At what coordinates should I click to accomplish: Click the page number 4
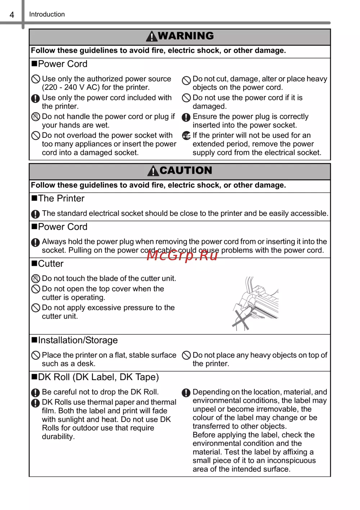click(x=12, y=15)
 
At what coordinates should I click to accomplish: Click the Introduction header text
click(x=47, y=14)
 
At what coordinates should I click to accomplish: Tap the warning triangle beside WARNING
click(x=152, y=36)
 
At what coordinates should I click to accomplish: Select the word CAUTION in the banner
click(x=186, y=170)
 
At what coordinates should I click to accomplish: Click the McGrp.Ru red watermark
click(x=182, y=255)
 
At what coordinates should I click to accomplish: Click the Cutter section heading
click(x=50, y=264)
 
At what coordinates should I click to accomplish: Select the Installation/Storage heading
click(x=78, y=340)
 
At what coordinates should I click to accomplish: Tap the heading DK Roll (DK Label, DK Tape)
click(x=98, y=377)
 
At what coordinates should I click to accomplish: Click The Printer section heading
click(x=61, y=199)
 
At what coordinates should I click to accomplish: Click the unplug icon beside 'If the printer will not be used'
click(x=186, y=136)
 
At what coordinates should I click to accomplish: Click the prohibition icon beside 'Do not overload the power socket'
click(x=36, y=136)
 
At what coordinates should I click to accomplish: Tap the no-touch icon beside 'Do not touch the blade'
click(x=36, y=279)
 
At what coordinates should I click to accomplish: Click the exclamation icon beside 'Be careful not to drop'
click(x=35, y=393)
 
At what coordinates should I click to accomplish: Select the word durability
click(x=58, y=437)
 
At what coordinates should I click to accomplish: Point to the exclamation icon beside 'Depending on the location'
click(x=186, y=393)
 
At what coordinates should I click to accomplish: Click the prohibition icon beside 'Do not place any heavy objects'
click(x=186, y=356)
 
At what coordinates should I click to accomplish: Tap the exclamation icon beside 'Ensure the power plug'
click(x=186, y=117)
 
